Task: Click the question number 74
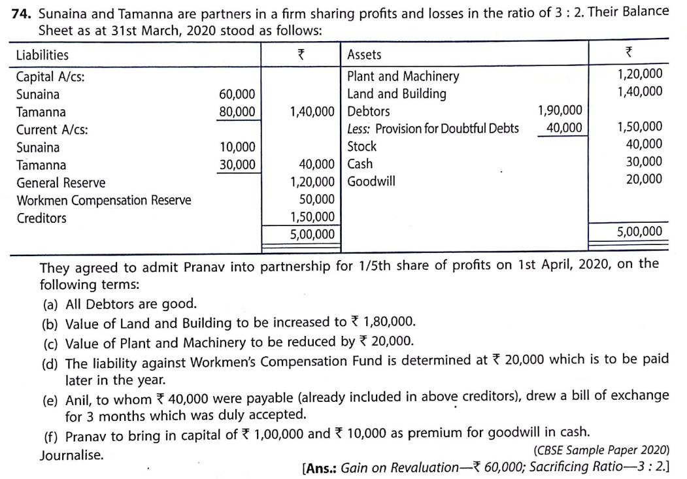(x=22, y=12)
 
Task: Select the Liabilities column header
(x=42, y=55)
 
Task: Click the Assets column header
(x=364, y=55)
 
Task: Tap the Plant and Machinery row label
(x=403, y=76)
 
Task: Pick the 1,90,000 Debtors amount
(x=560, y=111)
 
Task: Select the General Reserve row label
(x=60, y=183)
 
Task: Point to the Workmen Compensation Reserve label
(x=103, y=201)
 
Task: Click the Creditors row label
(x=41, y=218)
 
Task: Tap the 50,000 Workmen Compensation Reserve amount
(x=317, y=199)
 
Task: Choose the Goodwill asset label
(x=371, y=181)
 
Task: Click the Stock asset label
(x=361, y=146)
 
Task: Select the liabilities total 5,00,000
(x=312, y=234)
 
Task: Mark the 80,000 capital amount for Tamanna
(x=237, y=112)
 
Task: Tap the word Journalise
(x=71, y=455)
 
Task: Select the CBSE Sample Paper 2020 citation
(x=601, y=450)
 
